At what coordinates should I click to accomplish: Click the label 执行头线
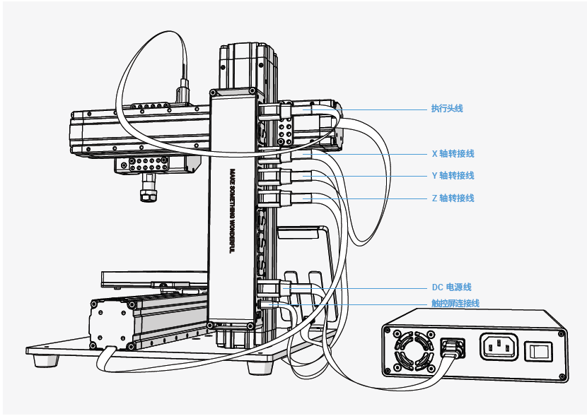coord(447,108)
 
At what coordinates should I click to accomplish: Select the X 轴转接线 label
coord(453,154)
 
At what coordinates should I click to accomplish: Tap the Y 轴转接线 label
coord(453,176)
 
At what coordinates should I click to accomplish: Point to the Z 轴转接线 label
coord(453,198)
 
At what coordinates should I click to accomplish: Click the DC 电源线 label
coord(451,287)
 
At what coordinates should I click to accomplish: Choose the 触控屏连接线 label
coord(455,303)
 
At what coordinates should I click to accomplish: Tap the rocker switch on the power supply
coord(538,352)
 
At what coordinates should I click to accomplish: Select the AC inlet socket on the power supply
coord(499,347)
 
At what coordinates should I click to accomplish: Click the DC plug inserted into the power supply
coord(453,348)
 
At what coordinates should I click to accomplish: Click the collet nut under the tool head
coord(149,195)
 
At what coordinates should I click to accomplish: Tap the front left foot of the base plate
coord(47,361)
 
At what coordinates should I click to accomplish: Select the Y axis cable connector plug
coord(286,176)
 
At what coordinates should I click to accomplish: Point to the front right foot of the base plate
coord(260,367)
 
